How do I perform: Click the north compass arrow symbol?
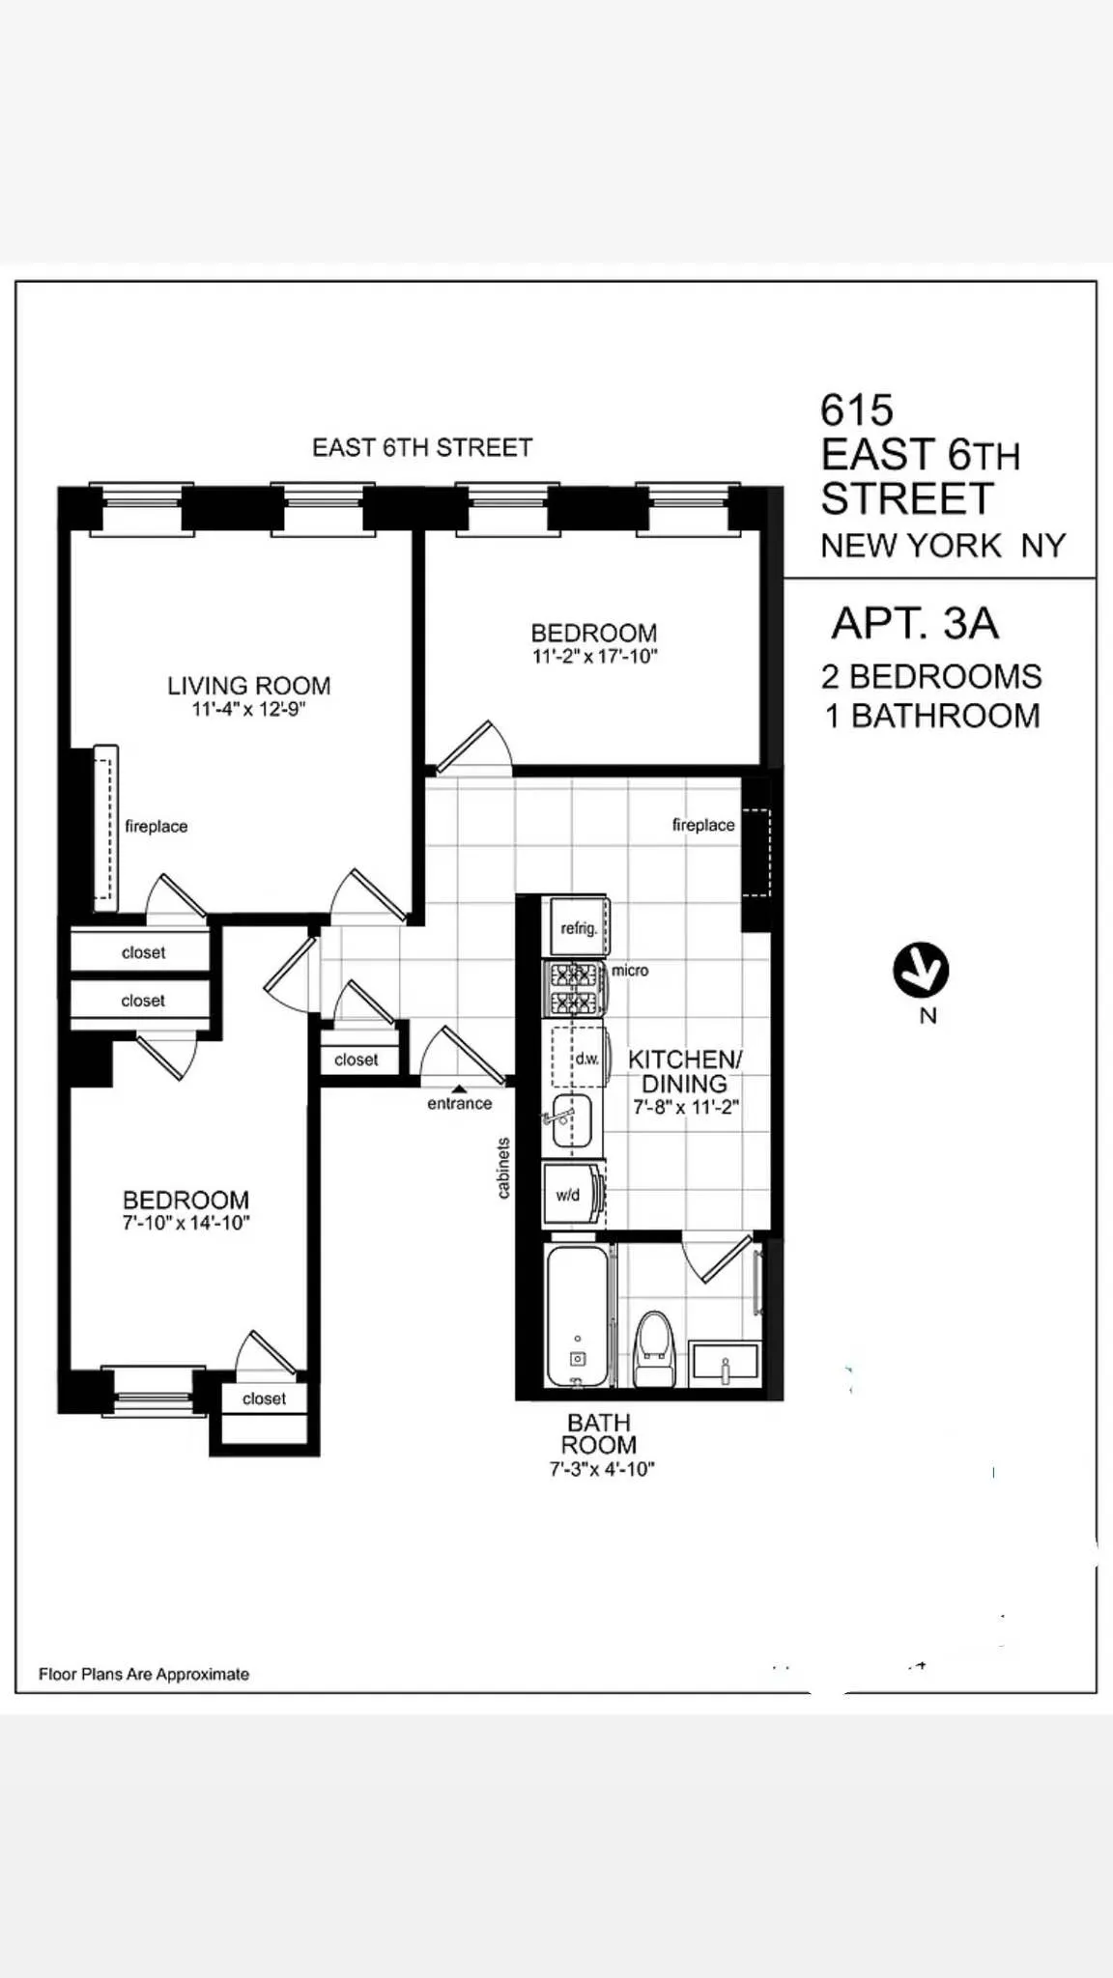pos(921,970)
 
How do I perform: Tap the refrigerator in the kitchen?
pos(577,927)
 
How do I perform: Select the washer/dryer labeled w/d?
pos(571,1196)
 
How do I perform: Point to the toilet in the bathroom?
pos(654,1348)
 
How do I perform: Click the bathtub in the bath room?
pos(577,1315)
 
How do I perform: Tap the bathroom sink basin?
pos(725,1362)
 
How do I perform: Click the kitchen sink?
pos(571,1120)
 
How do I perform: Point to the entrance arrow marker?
pos(460,1088)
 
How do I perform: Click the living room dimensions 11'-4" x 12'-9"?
pos(248,710)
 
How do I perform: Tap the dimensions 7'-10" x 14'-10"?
pos(185,1224)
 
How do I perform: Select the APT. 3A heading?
pos(914,624)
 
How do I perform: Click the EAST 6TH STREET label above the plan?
pos(422,448)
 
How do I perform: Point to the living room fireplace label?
pos(156,827)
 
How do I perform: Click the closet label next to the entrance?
pos(356,1060)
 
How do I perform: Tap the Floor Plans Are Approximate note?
pos(144,1675)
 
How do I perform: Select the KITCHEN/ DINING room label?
pos(685,1071)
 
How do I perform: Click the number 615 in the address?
pos(857,410)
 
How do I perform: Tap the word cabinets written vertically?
pos(503,1169)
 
